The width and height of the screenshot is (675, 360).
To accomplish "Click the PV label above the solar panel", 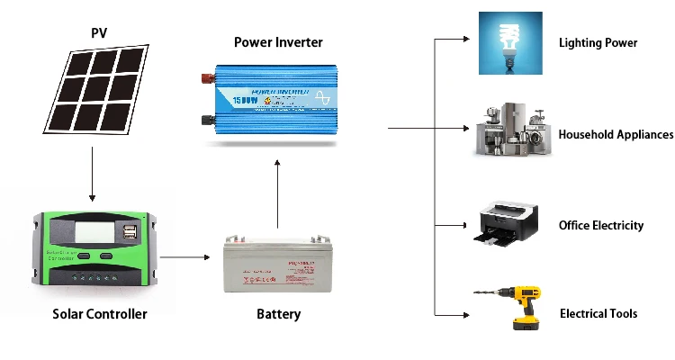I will coord(99,33).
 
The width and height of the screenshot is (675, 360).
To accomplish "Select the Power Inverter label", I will coord(278,42).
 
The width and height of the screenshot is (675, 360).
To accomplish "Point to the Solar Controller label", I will coord(99,314).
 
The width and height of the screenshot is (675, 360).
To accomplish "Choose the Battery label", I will coord(278,314).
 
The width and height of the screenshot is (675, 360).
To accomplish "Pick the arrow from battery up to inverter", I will coord(278,193).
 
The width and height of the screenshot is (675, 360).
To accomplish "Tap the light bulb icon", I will coord(510,41).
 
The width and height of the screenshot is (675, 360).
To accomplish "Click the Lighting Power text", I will coord(598,42).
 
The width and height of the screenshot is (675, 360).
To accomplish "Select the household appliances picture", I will coord(510,131).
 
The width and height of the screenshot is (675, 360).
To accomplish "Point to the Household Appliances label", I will coord(616,134).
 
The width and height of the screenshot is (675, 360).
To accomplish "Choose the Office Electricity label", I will coord(600,225).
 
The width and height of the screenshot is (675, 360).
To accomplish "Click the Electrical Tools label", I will coord(598,313).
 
